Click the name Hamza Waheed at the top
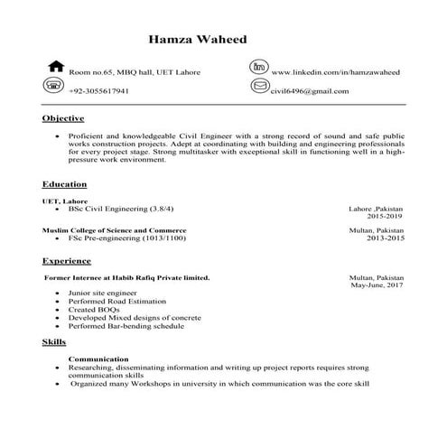(196, 40)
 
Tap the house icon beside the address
(55, 67)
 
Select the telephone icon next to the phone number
(54, 86)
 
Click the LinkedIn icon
(260, 67)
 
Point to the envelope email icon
(260, 87)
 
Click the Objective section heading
(63, 118)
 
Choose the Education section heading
(65, 183)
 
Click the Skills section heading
(53, 343)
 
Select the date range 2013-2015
(386, 239)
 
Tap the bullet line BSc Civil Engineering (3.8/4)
(120, 209)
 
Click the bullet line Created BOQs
(94, 310)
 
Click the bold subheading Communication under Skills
(98, 359)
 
